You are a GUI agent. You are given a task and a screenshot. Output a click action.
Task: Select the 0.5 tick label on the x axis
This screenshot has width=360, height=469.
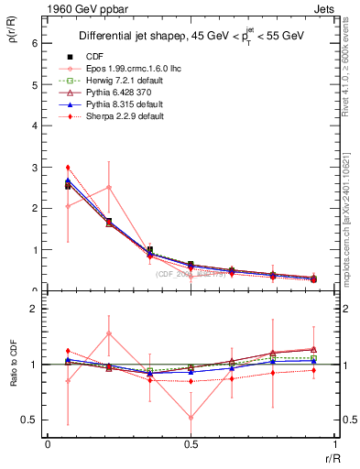(x=191, y=444)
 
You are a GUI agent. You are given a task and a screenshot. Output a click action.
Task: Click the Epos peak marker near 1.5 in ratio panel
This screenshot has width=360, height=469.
(x=109, y=333)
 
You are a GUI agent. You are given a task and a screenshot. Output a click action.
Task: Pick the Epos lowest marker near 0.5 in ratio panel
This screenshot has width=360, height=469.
(x=191, y=417)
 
